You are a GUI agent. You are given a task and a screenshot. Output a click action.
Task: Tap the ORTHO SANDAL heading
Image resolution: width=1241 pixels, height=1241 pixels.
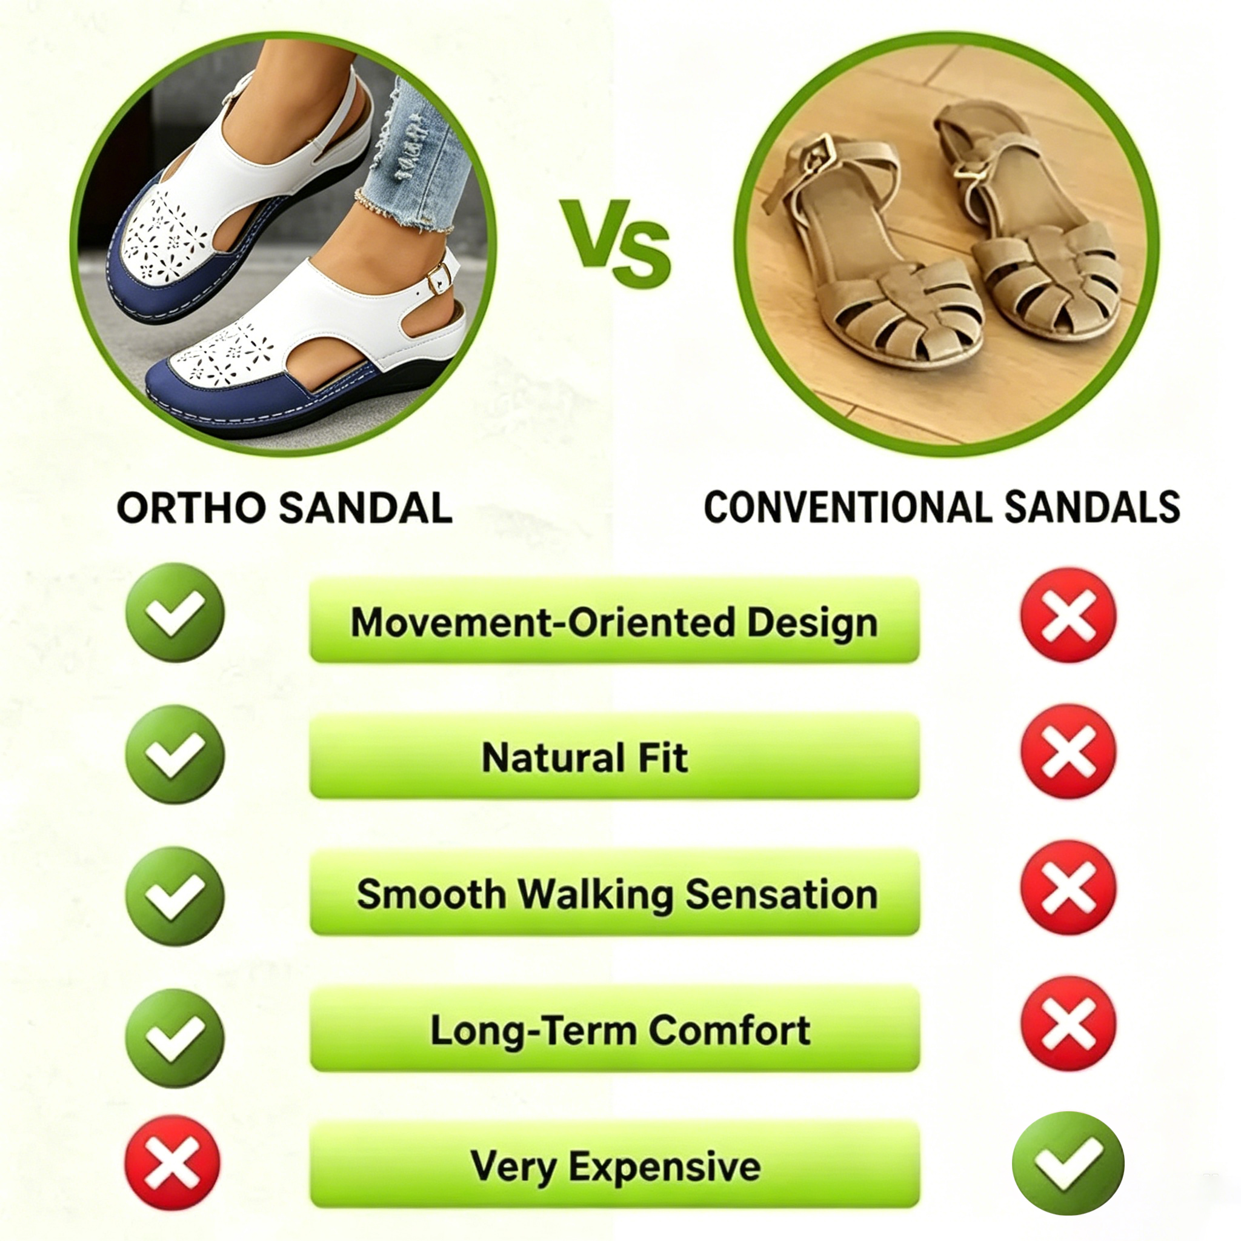(285, 508)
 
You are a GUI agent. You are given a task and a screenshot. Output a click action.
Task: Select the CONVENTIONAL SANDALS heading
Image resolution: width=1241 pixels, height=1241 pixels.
(942, 507)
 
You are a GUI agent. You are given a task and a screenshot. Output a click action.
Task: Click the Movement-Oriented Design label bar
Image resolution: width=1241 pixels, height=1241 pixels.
(614, 620)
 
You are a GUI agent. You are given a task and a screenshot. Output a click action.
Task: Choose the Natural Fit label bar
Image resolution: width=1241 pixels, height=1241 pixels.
(614, 756)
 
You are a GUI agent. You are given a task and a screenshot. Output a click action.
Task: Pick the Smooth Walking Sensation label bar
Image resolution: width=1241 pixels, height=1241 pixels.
(614, 893)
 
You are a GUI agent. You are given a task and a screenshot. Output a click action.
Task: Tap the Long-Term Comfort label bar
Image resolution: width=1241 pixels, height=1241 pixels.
(614, 1029)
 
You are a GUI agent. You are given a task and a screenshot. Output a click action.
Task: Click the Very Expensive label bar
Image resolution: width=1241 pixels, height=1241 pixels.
(614, 1165)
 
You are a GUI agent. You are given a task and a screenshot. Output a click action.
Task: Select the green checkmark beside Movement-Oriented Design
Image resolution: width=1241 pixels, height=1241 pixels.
(175, 612)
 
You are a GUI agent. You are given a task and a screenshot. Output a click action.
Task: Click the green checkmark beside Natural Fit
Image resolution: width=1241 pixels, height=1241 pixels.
(175, 754)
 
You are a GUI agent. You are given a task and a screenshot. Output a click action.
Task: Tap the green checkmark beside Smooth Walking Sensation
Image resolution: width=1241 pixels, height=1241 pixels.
(175, 896)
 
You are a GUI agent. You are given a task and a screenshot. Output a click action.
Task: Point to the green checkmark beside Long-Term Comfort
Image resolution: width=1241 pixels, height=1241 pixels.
(175, 1038)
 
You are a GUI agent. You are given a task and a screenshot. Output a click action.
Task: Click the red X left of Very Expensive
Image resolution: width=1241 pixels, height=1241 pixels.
(172, 1163)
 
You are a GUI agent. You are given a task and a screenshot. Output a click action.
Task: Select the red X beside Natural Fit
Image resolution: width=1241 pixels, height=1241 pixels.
(1069, 751)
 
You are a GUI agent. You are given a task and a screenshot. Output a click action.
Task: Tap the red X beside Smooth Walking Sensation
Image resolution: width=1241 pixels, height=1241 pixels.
(1069, 888)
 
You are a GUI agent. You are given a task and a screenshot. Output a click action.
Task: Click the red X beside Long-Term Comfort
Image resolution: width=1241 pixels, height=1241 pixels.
(1069, 1024)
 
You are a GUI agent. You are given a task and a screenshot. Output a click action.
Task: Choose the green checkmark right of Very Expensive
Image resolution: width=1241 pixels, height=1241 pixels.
(1068, 1163)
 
